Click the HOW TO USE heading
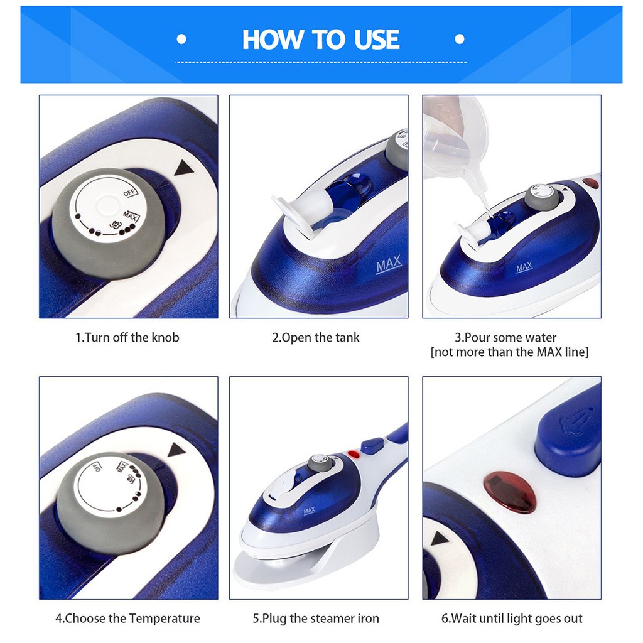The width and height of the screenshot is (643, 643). (x=321, y=40)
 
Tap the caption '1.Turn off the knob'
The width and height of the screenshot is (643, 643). (x=127, y=337)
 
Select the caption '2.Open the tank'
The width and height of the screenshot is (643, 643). (x=316, y=337)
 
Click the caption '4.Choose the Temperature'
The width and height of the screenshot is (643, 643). (x=128, y=618)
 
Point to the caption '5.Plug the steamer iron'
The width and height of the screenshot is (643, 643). (x=316, y=618)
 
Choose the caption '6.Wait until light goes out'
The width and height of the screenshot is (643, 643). (x=512, y=618)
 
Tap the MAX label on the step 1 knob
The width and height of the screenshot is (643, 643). (x=131, y=216)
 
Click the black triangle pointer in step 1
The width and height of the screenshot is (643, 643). (x=184, y=168)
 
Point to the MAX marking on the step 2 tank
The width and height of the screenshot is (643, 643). (x=389, y=265)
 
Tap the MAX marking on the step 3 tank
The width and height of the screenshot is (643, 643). (x=524, y=267)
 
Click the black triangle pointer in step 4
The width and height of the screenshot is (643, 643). (x=176, y=450)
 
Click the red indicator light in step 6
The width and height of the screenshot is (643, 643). (x=510, y=492)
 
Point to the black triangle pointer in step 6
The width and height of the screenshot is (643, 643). (x=440, y=538)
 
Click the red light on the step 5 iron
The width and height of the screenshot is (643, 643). (x=354, y=455)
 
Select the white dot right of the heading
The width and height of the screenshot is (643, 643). (x=460, y=39)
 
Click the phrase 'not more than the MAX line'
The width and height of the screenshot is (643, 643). (x=509, y=352)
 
